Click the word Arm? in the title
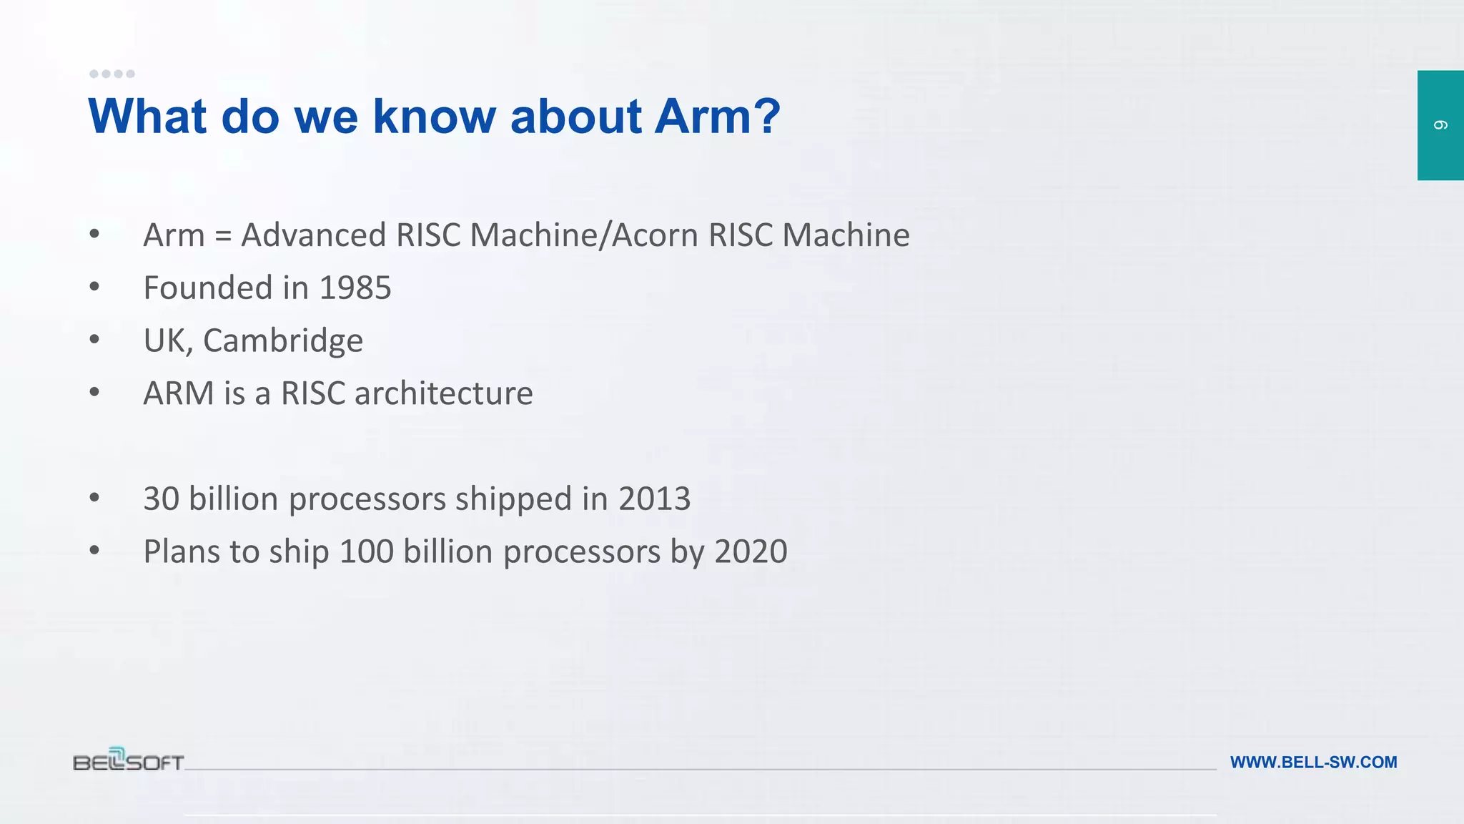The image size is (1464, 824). click(718, 116)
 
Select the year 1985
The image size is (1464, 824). click(355, 288)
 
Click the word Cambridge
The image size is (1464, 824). click(283, 340)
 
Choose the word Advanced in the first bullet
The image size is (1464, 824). click(314, 235)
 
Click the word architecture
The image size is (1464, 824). click(443, 393)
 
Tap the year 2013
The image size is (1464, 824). click(654, 499)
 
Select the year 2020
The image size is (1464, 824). click(751, 551)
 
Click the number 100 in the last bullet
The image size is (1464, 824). click(366, 551)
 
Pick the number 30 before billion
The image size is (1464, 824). click(161, 499)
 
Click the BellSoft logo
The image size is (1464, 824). click(129, 760)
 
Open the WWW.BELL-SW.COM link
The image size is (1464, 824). click(1313, 762)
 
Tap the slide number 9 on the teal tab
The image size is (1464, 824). click(1440, 125)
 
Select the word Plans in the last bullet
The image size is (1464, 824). click(181, 551)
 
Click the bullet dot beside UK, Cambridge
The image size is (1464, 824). click(94, 339)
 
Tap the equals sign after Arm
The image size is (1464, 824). click(223, 235)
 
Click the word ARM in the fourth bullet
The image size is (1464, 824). click(178, 393)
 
